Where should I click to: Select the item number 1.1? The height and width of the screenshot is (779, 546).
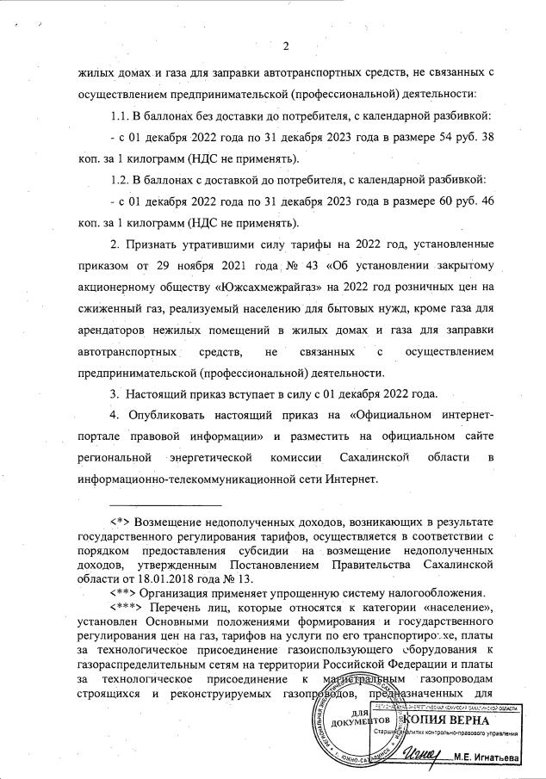tap(125, 114)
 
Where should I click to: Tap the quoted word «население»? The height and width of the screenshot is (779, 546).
tap(455, 608)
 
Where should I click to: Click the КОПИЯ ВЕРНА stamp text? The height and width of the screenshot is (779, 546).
tap(447, 720)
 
